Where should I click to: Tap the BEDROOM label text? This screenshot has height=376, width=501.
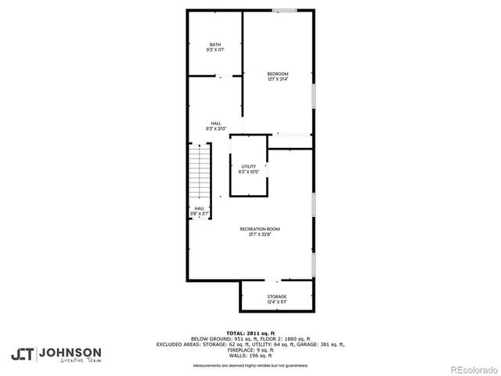coord(277,74)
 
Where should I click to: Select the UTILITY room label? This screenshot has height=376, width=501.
coord(248,166)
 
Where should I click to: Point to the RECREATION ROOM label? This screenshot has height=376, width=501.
coord(259,229)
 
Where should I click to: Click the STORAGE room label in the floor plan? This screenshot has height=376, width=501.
coord(276,295)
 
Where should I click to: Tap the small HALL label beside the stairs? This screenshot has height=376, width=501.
coord(199,208)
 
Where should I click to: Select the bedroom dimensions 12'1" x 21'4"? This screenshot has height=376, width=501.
coord(277,79)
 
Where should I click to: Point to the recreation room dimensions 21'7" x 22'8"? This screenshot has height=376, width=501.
coord(259,234)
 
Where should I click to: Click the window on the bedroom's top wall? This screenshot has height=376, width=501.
coord(284,10)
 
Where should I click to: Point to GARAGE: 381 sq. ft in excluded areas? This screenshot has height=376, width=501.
coord(321,344)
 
